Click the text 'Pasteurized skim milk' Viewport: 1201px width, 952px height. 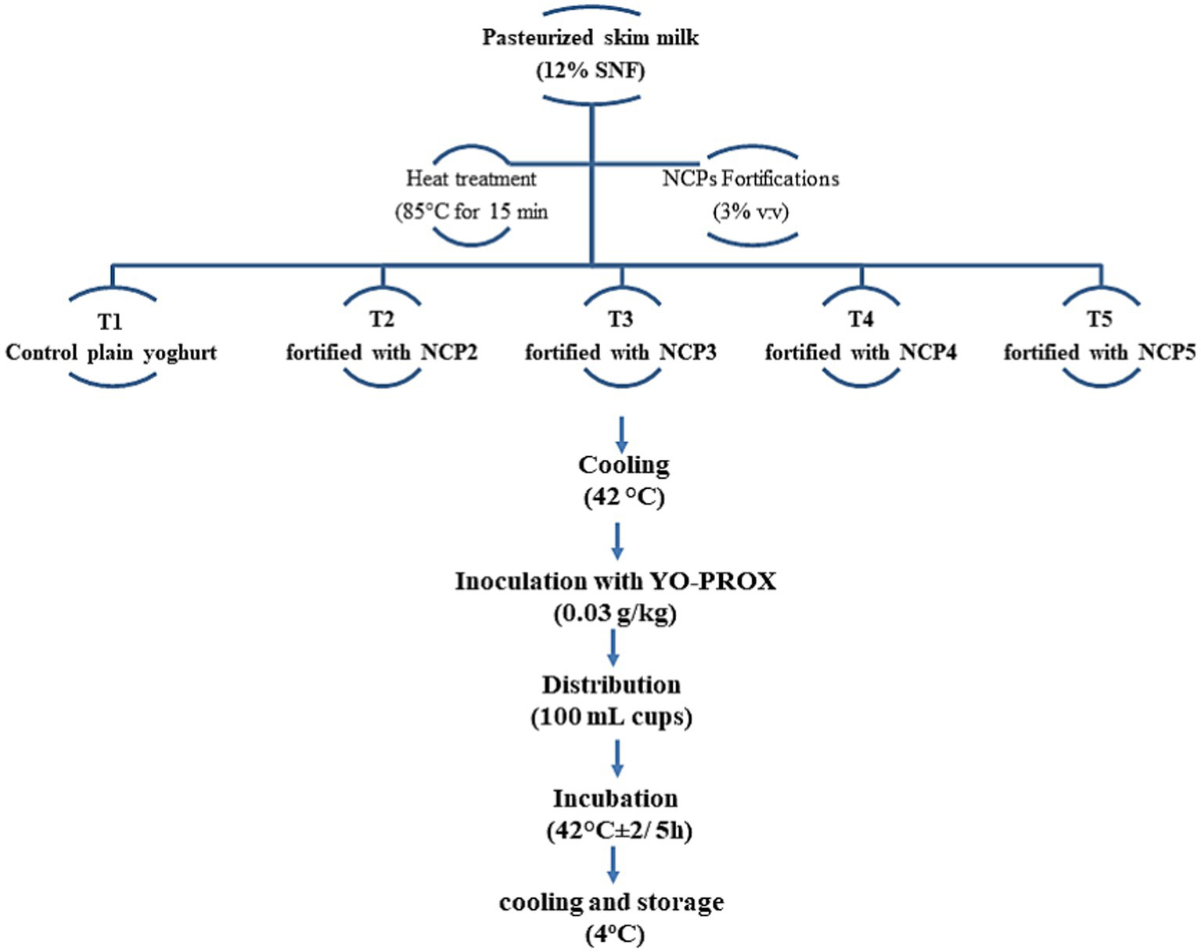590,38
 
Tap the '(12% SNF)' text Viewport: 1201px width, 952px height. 591,71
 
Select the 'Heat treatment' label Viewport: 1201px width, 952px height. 471,179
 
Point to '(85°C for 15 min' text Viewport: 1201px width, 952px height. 471,212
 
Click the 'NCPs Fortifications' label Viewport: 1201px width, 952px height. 750,179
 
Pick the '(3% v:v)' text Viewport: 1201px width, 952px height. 750,212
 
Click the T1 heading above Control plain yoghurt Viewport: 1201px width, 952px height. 110,322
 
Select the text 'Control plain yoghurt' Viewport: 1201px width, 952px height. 111,353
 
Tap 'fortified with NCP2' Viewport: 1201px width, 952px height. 381,353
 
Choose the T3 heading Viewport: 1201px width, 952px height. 620,319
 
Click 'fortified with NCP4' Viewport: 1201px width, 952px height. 861,353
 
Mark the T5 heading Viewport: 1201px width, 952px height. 1099,319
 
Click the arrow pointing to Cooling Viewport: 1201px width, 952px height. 621,433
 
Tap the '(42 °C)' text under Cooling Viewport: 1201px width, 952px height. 624,498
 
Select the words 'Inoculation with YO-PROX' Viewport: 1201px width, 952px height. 616,582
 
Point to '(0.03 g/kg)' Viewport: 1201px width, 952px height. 615,613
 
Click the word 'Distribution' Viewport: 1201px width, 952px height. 611,685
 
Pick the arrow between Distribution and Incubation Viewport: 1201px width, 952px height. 617,757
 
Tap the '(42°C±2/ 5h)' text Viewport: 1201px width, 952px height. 619,831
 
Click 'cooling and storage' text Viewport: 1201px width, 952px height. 611,903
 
